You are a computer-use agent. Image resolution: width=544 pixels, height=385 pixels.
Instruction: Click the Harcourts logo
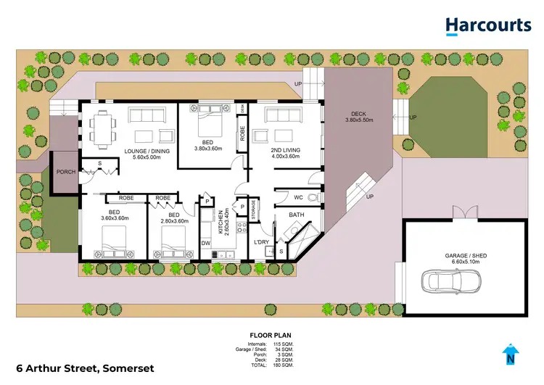pos(488,26)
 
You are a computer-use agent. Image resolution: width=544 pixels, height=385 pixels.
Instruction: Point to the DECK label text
pos(358,113)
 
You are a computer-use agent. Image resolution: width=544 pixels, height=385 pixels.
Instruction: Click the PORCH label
pos(66,171)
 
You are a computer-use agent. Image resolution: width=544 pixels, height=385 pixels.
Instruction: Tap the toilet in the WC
pos(313,196)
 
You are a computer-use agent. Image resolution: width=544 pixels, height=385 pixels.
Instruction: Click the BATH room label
pos(296,215)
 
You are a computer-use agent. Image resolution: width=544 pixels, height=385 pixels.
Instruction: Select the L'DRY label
pos(261,241)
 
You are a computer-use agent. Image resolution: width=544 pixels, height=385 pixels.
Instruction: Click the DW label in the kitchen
pos(205,243)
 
